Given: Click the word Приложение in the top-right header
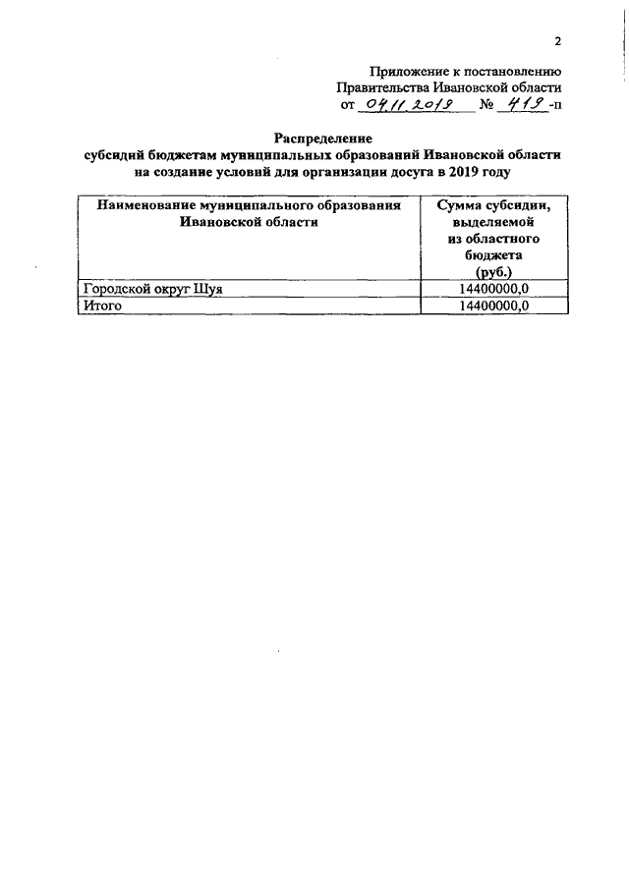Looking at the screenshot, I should pyautogui.click(x=406, y=71).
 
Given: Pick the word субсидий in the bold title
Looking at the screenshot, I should pyautogui.click(x=110, y=155).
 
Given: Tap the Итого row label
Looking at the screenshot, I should pyautogui.click(x=100, y=306).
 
